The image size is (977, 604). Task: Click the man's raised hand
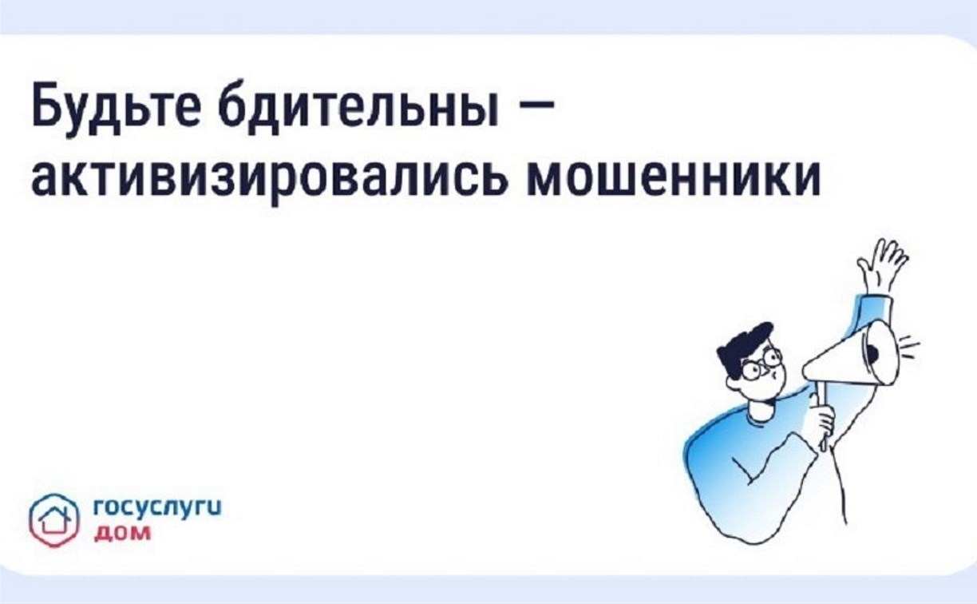click(x=884, y=262)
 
